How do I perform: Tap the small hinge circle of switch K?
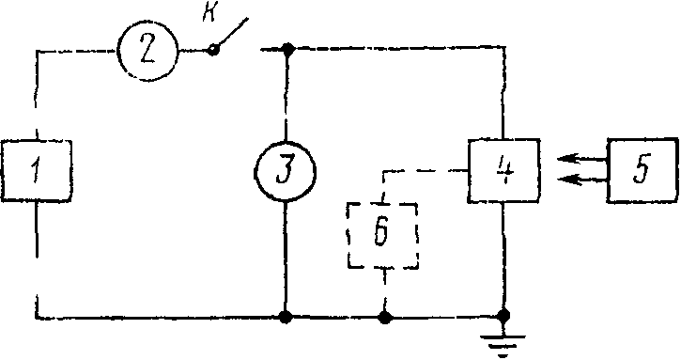[213, 50]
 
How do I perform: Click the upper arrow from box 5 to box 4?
[581, 159]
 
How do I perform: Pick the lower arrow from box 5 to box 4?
[581, 179]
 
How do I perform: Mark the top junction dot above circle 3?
[286, 49]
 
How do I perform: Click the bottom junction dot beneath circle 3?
[285, 318]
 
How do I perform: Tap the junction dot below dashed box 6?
[385, 318]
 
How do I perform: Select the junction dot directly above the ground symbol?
[504, 315]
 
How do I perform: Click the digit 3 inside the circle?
[285, 173]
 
